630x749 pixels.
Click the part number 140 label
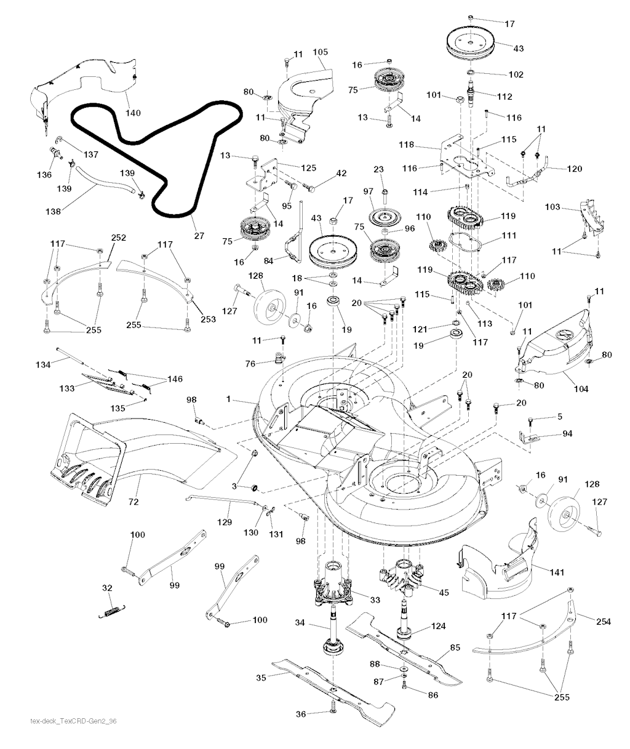[x=133, y=113]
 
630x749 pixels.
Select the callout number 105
[x=321, y=52]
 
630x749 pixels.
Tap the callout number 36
[x=300, y=714]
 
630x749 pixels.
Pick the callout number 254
[x=603, y=622]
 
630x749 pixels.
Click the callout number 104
[x=581, y=388]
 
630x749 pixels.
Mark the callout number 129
[x=225, y=522]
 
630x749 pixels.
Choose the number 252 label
[x=118, y=237]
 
